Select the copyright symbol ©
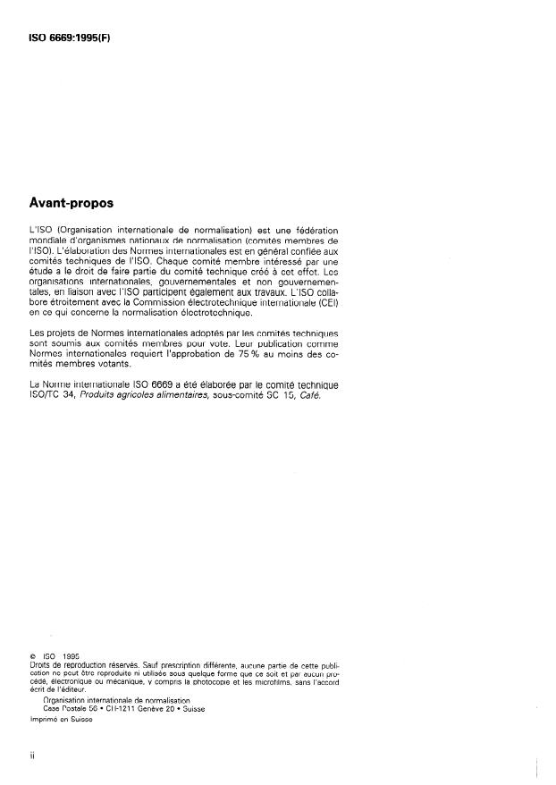click(32, 657)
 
